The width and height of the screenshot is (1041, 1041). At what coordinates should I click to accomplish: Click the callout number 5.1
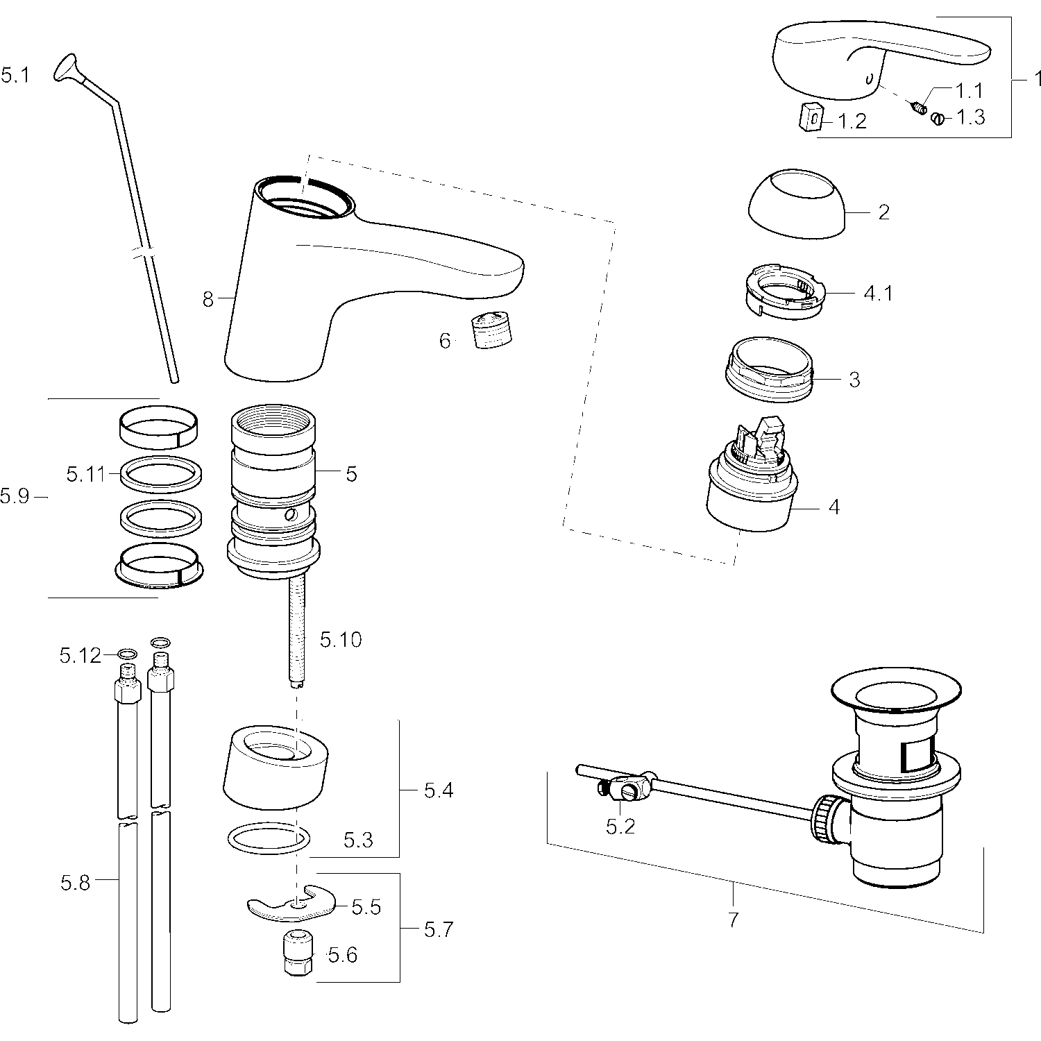click(15, 75)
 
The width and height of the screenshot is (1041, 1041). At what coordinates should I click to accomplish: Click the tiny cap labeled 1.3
click(939, 118)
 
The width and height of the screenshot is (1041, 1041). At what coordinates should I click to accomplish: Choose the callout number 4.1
click(878, 294)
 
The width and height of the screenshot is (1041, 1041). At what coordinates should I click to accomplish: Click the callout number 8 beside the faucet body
click(208, 300)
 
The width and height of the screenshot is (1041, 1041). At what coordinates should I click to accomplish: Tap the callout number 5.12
click(80, 655)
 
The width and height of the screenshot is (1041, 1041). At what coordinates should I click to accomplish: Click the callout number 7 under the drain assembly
click(734, 920)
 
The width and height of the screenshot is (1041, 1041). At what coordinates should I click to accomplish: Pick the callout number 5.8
click(75, 883)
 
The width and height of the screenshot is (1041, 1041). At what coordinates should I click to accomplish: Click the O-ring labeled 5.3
click(269, 838)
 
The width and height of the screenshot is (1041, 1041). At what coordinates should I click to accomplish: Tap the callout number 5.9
click(15, 496)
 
